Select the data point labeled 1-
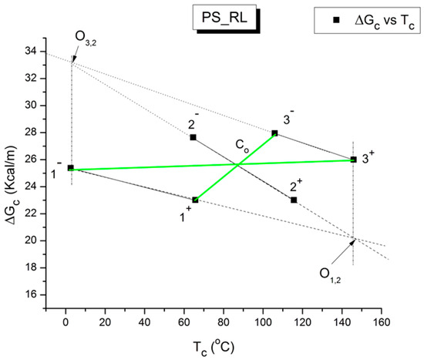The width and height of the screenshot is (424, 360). tap(71, 167)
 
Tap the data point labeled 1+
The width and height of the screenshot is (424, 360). tap(195, 200)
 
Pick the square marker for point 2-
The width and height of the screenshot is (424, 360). tap(193, 137)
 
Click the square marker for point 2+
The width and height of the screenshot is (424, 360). tap(294, 200)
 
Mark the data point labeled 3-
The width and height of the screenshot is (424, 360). tap(274, 133)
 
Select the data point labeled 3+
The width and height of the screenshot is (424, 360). tap(353, 159)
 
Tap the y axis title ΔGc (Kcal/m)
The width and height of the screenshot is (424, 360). tap(11, 170)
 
